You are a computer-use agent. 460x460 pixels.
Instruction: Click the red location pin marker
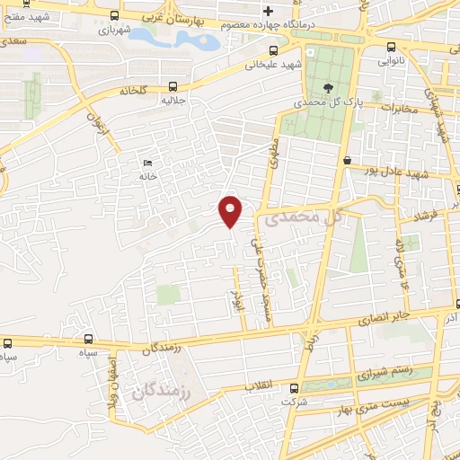[x=231, y=210]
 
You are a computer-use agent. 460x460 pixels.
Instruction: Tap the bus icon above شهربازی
[x=112, y=15]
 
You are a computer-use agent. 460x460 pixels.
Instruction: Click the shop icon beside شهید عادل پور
[x=347, y=160]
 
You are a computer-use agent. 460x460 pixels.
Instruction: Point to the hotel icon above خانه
[x=147, y=163]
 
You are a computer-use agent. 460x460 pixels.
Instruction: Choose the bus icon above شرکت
[x=294, y=388]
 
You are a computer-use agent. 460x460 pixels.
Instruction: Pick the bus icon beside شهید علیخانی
[x=271, y=50]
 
